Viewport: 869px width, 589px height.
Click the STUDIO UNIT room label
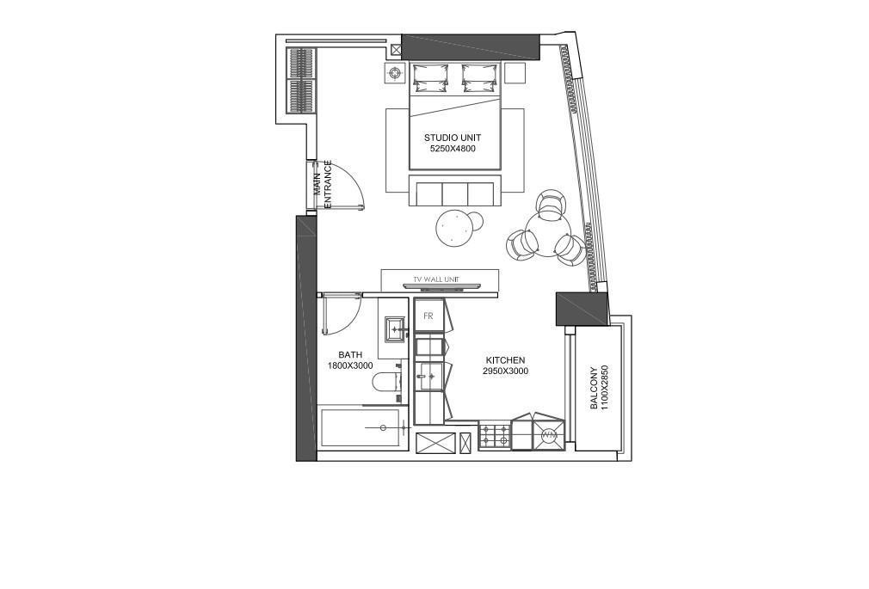coord(453,138)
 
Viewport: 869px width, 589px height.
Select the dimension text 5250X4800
coord(453,149)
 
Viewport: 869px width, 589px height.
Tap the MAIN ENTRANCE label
coord(322,185)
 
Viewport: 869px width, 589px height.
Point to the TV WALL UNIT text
coord(436,279)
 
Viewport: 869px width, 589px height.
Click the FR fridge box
coord(429,316)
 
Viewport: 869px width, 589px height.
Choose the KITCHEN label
coord(505,360)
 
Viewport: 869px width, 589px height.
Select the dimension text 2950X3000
coord(505,371)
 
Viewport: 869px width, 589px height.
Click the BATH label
coord(350,354)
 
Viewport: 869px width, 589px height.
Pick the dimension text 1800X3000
coord(349,365)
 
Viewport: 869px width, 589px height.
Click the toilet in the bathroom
coord(386,383)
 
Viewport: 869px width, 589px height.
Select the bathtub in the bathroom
coord(361,427)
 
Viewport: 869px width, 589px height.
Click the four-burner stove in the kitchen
coord(495,436)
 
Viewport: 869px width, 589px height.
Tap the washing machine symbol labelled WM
coord(549,435)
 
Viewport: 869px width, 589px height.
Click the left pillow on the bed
coord(429,77)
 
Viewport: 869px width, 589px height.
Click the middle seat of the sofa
coord(455,194)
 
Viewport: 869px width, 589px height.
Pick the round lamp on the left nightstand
coord(395,72)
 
